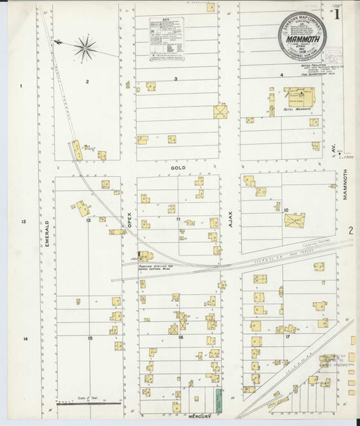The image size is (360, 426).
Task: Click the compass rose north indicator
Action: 84,48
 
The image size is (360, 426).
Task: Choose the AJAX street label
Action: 231,215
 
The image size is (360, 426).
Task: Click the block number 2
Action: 87,82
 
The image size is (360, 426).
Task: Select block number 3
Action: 175,78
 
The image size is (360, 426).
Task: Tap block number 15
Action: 90,337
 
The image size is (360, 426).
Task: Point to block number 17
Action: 287,336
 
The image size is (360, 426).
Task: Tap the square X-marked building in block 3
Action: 220,112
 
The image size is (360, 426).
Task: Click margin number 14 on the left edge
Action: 24,337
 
